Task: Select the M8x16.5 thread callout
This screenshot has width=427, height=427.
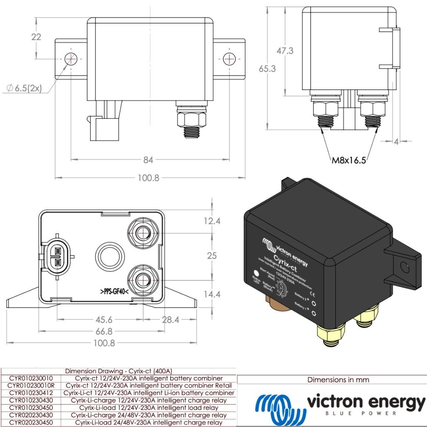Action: (x=349, y=160)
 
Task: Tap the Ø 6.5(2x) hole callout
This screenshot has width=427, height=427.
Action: (x=24, y=88)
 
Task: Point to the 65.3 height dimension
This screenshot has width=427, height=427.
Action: (x=267, y=68)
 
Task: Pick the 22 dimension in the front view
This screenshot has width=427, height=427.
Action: (x=36, y=37)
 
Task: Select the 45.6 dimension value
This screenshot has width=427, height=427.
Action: (x=104, y=320)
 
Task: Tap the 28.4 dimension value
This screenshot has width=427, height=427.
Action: (x=171, y=320)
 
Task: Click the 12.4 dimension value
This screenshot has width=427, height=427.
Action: (x=212, y=221)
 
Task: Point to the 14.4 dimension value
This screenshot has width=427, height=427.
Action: (x=212, y=294)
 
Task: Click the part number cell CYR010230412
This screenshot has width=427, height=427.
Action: (x=31, y=393)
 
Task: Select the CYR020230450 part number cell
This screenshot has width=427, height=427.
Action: (x=31, y=422)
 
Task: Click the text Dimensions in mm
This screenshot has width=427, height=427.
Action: (x=338, y=380)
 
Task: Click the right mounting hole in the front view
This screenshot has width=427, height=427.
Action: (x=229, y=59)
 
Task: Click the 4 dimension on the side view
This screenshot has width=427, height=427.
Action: (x=396, y=141)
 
